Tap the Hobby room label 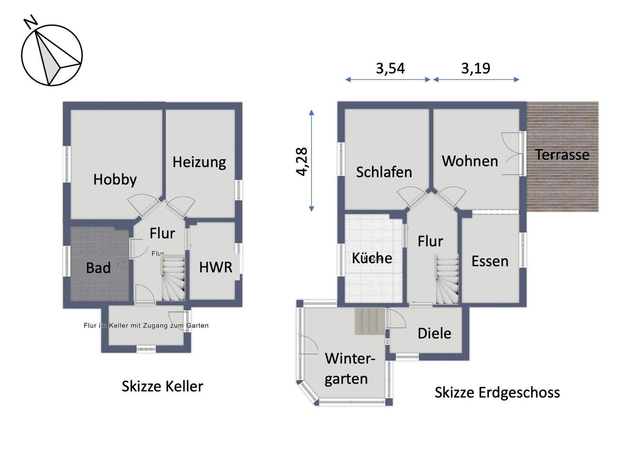(115, 179)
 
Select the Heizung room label (199, 162)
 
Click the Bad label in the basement (98, 268)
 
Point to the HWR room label (215, 267)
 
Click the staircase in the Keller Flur (173, 278)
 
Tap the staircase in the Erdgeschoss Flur (446, 279)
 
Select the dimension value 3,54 (390, 68)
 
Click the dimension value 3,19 (475, 68)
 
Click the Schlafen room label (384, 172)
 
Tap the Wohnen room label (470, 161)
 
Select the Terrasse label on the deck (562, 155)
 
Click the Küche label (372, 258)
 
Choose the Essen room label (490, 261)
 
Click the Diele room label (434, 333)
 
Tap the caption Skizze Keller (162, 386)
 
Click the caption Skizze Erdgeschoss (497, 392)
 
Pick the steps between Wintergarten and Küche (370, 321)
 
